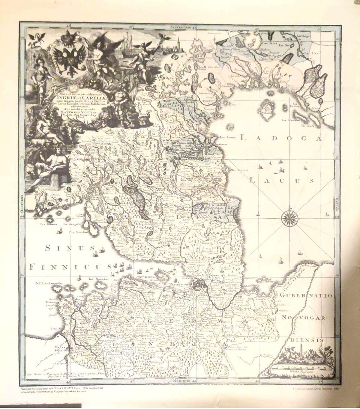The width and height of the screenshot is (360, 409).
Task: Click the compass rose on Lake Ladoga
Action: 289,217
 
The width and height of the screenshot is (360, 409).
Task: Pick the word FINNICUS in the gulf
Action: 71,267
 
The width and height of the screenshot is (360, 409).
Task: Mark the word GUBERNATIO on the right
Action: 306,296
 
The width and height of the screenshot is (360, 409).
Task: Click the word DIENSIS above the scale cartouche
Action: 306,340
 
